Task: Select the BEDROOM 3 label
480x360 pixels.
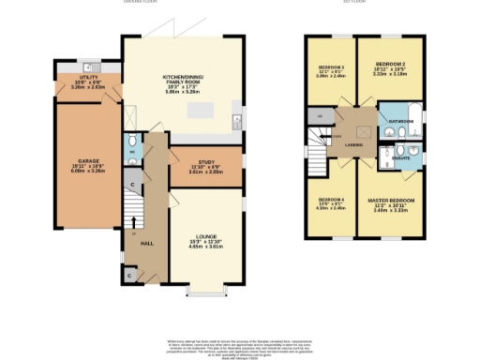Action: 331,69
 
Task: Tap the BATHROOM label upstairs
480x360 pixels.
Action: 402,121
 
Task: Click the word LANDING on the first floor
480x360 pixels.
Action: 353,146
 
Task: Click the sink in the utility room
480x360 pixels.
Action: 86,67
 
